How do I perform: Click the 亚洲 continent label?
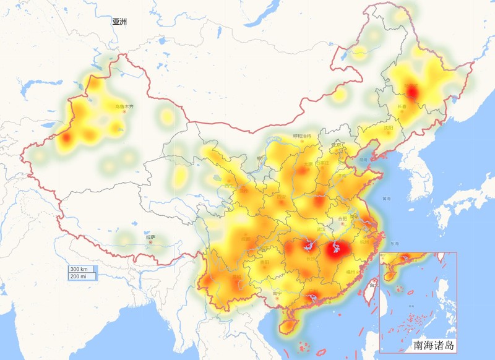120,22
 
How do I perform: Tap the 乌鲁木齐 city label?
124,106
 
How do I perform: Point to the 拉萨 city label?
150,237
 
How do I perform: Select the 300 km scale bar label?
82,269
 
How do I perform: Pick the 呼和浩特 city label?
301,136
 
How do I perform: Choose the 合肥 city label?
342,218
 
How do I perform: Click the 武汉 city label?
321,229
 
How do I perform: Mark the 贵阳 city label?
265,263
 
